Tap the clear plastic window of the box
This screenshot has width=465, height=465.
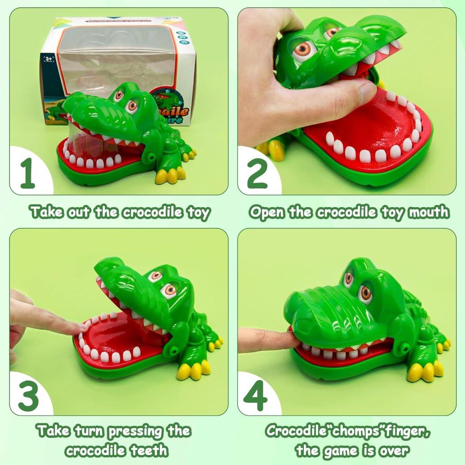coord(114,59)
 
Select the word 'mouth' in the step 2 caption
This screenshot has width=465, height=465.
coord(427,212)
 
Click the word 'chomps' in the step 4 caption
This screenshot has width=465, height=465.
coord(346,430)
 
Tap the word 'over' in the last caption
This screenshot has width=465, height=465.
coord(394,450)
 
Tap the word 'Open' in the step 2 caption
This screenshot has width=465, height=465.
coord(269,212)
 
